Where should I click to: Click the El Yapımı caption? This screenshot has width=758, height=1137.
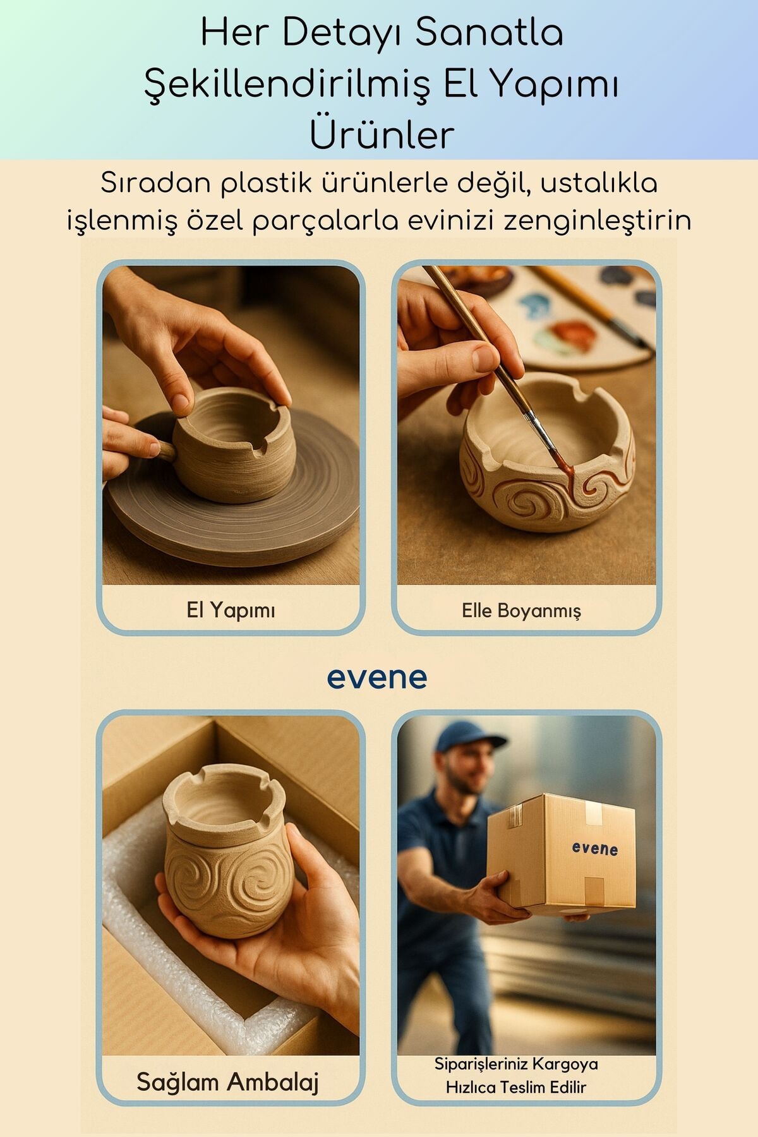tap(231, 610)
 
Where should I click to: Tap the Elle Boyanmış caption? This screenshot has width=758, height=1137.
tap(521, 611)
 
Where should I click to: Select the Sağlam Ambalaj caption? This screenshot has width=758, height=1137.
tap(227, 1082)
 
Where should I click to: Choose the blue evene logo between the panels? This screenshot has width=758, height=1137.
tap(377, 678)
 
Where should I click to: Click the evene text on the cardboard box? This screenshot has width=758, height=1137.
tap(594, 848)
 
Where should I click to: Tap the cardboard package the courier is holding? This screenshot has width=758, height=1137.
tap(561, 855)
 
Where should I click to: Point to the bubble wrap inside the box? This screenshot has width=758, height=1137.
tap(189, 948)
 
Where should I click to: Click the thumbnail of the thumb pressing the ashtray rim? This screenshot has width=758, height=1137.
tap(181, 402)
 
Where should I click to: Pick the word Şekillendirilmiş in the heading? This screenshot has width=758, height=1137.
tap(288, 84)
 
